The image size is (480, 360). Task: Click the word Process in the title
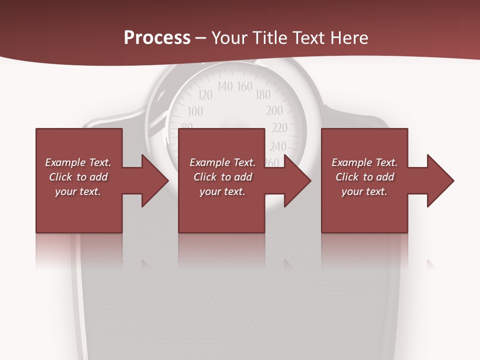pyautogui.click(x=157, y=37)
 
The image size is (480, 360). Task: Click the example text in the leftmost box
pyautogui.click(x=78, y=177)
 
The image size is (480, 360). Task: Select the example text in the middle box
pyautogui.click(x=222, y=177)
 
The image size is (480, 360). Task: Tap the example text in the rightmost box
pyautogui.click(x=364, y=177)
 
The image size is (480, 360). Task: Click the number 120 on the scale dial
pyautogui.click(x=205, y=95)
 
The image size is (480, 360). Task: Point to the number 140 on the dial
pyautogui.click(x=225, y=86)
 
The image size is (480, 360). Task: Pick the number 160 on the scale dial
pyautogui.click(x=244, y=86)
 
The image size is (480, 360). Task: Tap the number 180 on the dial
pyautogui.click(x=263, y=94)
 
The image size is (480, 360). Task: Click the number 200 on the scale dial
pyautogui.click(x=274, y=110)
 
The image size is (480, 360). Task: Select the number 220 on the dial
pyautogui.click(x=279, y=128)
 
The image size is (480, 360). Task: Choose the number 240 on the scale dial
pyautogui.click(x=278, y=146)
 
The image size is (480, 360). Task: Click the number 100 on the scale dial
pyautogui.click(x=195, y=111)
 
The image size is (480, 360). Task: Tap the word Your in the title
pyautogui.click(x=229, y=38)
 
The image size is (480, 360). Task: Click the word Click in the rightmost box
pyautogui.click(x=347, y=177)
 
